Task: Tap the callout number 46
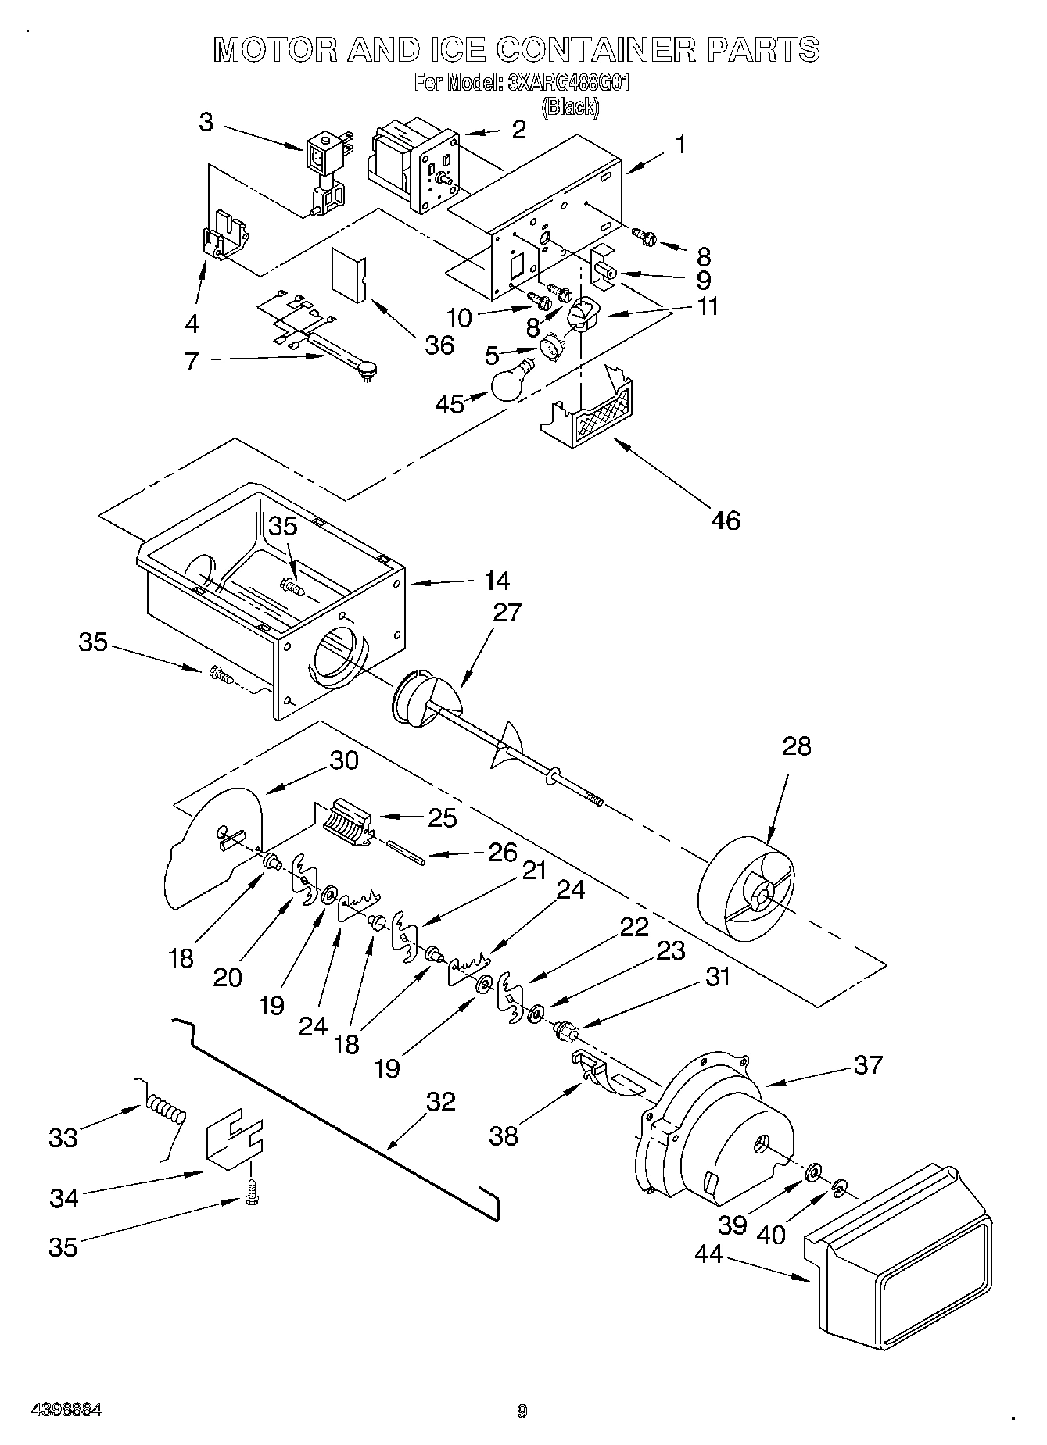pyautogui.click(x=726, y=520)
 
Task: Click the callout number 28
pyautogui.click(x=796, y=746)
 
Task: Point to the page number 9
pyautogui.click(x=522, y=1411)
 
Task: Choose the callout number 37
pyautogui.click(x=868, y=1064)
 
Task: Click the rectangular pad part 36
pyautogui.click(x=350, y=274)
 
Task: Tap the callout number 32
pyautogui.click(x=440, y=1101)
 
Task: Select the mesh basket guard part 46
pyautogui.click(x=597, y=412)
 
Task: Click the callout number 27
pyautogui.click(x=507, y=612)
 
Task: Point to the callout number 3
pyautogui.click(x=205, y=122)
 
